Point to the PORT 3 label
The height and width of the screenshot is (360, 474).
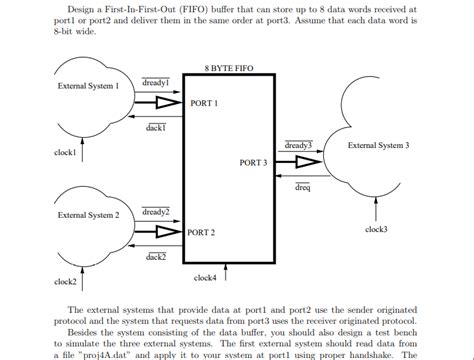pos(254,162)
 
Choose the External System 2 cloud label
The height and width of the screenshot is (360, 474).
pos(88,215)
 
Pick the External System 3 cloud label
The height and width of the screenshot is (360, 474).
pos(378,146)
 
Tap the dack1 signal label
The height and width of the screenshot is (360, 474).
pos(155,128)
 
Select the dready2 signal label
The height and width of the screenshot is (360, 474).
pos(155,212)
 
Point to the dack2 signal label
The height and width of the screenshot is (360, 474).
pos(155,257)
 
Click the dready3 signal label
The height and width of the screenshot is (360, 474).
pos(299,146)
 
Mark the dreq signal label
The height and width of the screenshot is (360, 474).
pos(303,186)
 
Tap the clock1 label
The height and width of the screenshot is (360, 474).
pos(67,152)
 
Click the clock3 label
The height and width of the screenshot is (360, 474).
pos(377,229)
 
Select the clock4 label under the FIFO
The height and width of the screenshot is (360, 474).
pos(205,277)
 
